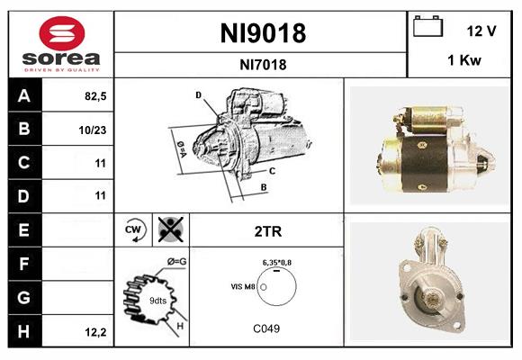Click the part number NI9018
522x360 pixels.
pyautogui.click(x=263, y=33)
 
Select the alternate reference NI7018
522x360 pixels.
pyautogui.click(x=263, y=64)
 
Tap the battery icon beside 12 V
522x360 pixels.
pyautogui.click(x=427, y=28)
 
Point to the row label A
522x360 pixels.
pyautogui.click(x=23, y=96)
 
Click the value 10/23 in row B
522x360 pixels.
pyautogui.click(x=93, y=130)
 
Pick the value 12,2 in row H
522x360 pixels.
pyautogui.click(x=94, y=332)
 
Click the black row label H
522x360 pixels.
pyautogui.click(x=23, y=331)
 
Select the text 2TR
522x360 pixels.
pyautogui.click(x=267, y=231)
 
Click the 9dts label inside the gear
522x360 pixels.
pyautogui.click(x=158, y=301)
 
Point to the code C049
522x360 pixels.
pyautogui.click(x=266, y=328)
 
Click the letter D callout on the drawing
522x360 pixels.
pyautogui.click(x=198, y=94)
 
